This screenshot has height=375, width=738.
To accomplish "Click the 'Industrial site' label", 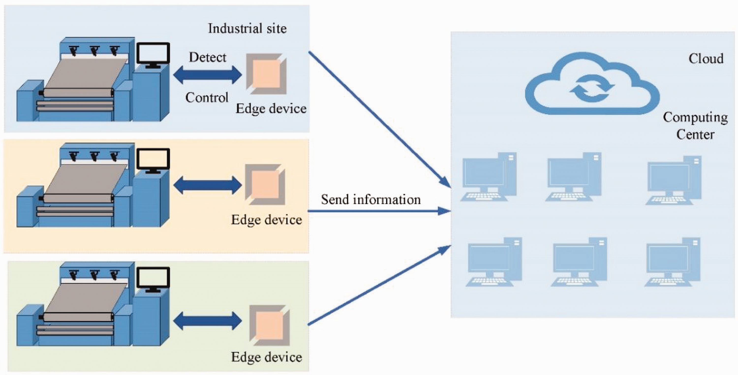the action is click(x=247, y=28).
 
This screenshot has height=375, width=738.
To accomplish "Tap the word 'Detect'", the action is click(x=207, y=57).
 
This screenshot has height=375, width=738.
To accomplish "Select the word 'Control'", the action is click(x=207, y=98).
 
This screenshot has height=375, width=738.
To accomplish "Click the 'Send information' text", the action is click(x=371, y=199).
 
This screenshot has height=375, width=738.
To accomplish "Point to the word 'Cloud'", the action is click(x=706, y=59).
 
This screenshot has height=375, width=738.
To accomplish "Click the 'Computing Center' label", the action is click(x=695, y=126).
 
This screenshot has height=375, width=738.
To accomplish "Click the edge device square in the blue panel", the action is click(x=266, y=74).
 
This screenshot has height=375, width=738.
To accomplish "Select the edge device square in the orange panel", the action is click(x=265, y=184).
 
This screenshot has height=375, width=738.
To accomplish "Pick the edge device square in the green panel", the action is click(x=270, y=326).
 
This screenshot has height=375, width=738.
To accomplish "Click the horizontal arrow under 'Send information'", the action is click(x=379, y=211).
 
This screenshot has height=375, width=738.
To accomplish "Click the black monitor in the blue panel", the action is click(x=153, y=54).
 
